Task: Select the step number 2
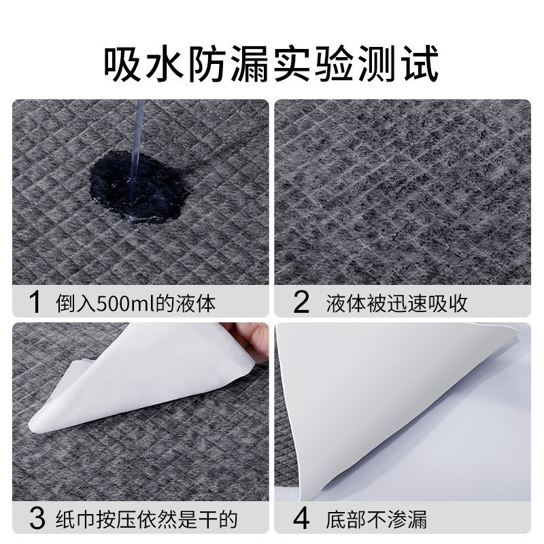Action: (x=301, y=302)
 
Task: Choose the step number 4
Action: (x=301, y=519)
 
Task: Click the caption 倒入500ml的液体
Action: (x=135, y=303)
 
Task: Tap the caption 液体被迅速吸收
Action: (x=397, y=303)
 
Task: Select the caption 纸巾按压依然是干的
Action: (x=146, y=520)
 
